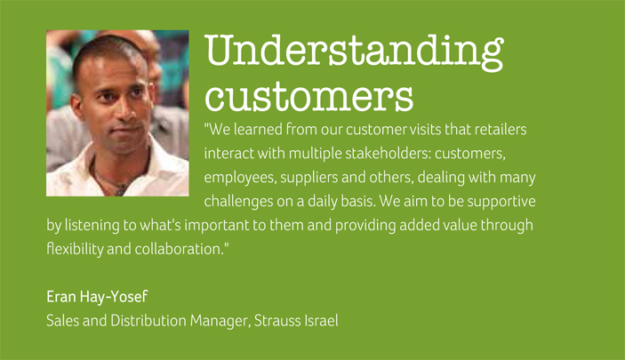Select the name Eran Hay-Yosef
(97, 296)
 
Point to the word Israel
(320, 320)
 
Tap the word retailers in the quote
(501, 129)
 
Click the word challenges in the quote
(239, 200)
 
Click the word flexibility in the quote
(75, 249)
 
